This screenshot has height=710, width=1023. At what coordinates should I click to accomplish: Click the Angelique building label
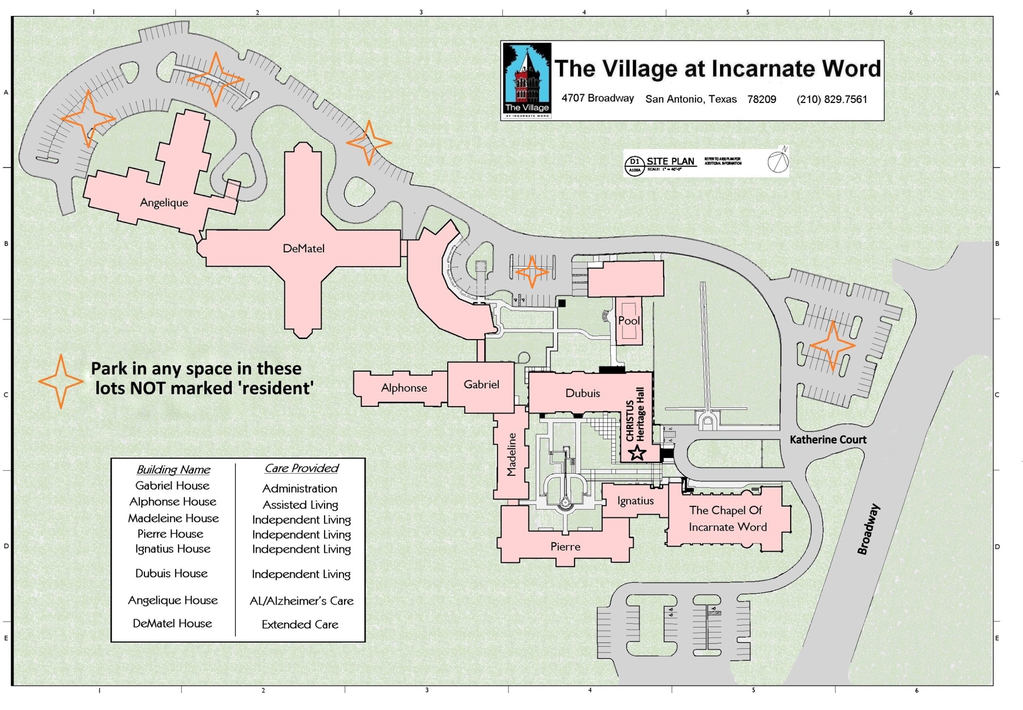click(x=164, y=203)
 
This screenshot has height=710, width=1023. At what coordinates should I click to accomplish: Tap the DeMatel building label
click(x=304, y=249)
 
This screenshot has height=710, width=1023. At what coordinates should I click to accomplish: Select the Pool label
click(x=629, y=321)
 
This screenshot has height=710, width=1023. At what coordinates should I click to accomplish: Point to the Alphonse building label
click(x=404, y=388)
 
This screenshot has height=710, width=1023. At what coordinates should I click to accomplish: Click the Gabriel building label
click(x=481, y=385)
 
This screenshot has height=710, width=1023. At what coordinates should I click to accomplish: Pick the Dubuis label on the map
click(x=582, y=393)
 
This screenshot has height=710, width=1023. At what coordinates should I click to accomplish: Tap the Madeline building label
click(x=511, y=455)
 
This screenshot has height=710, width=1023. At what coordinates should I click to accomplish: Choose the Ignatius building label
click(x=635, y=501)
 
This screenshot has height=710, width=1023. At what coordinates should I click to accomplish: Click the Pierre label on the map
click(x=565, y=547)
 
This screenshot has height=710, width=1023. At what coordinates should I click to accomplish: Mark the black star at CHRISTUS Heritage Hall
click(x=637, y=453)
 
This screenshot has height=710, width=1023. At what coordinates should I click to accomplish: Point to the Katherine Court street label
click(x=828, y=440)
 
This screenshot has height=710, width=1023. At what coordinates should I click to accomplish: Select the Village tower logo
click(x=527, y=80)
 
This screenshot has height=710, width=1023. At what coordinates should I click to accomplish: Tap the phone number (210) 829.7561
click(x=832, y=99)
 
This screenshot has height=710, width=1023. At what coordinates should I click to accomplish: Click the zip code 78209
click(x=761, y=99)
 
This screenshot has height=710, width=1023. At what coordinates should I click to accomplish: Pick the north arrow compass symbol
click(x=777, y=161)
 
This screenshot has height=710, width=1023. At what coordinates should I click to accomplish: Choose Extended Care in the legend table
click(x=300, y=625)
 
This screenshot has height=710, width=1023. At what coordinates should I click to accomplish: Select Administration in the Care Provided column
click(x=300, y=488)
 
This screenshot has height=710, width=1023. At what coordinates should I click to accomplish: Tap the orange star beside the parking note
click(x=61, y=382)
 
